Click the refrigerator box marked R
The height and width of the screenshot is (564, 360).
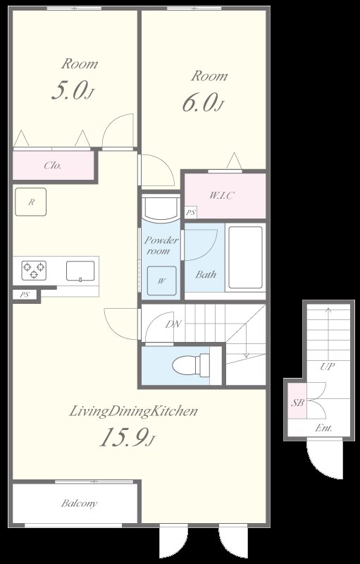[x=30, y=202]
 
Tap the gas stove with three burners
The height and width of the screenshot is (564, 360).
[x=34, y=271]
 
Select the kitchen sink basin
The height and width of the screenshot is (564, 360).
[x=80, y=271]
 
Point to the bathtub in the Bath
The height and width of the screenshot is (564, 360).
[x=246, y=257]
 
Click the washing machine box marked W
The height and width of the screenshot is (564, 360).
[x=161, y=281]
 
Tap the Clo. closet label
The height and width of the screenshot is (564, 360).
[x=53, y=166]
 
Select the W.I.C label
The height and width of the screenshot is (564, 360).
[x=222, y=196]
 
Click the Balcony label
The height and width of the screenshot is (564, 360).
[x=79, y=503]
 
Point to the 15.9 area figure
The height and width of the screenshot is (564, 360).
[x=123, y=438]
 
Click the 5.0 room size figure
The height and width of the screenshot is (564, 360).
[x=69, y=90]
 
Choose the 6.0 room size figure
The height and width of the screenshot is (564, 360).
[x=200, y=102]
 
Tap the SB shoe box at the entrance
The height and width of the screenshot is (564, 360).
[x=297, y=401]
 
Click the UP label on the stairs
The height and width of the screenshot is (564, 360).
[x=328, y=367]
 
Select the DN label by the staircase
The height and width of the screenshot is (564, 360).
[x=173, y=324]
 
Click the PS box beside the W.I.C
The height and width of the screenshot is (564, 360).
[x=190, y=212]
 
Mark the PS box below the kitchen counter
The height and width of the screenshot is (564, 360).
[x=24, y=295]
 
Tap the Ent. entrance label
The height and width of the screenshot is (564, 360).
[x=323, y=428]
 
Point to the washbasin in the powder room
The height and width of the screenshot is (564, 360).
[x=161, y=209]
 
